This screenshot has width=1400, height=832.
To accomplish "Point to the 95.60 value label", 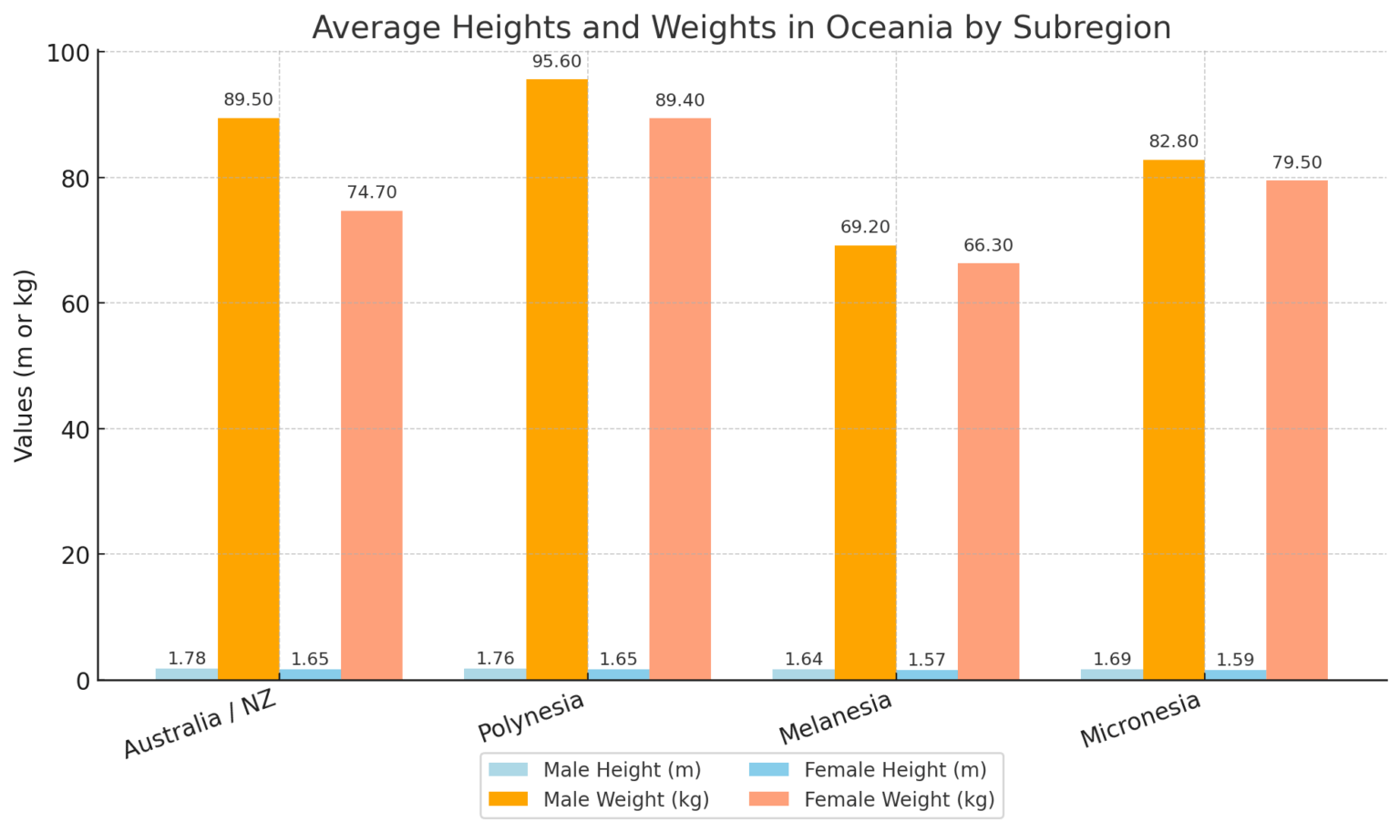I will (557, 62).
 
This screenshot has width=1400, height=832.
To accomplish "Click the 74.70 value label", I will (372, 192).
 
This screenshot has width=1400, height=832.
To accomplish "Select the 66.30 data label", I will (988, 245).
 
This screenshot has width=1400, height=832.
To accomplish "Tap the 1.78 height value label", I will (187, 659).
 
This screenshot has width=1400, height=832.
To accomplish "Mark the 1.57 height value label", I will (927, 660).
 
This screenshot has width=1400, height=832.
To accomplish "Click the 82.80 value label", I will (1174, 141).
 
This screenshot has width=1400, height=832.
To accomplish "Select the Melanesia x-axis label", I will (835, 718).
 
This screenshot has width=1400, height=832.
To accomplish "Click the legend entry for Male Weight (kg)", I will (625, 799).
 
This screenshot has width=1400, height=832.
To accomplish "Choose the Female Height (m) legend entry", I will (894, 770).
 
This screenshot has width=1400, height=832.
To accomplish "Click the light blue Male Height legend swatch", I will (508, 770).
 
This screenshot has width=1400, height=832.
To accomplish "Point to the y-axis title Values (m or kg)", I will (25, 365).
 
